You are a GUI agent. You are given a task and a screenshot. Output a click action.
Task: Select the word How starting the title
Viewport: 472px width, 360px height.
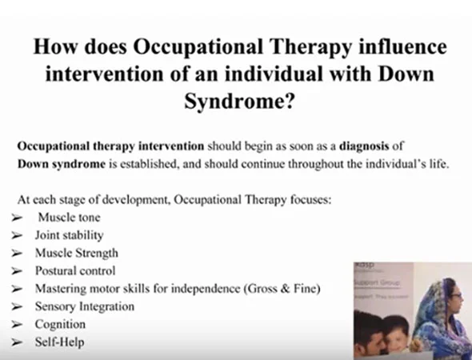[53, 46]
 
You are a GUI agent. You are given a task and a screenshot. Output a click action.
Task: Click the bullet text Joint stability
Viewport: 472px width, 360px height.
[69, 235]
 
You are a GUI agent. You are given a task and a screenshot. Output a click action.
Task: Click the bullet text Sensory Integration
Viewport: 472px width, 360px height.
[84, 306]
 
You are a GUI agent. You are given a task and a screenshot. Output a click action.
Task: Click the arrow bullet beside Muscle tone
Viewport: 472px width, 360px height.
[17, 218]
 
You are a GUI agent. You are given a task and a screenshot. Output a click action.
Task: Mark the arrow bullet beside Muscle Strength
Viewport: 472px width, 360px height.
[17, 254]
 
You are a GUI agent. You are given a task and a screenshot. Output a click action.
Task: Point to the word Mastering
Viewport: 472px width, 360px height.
[62, 289]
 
